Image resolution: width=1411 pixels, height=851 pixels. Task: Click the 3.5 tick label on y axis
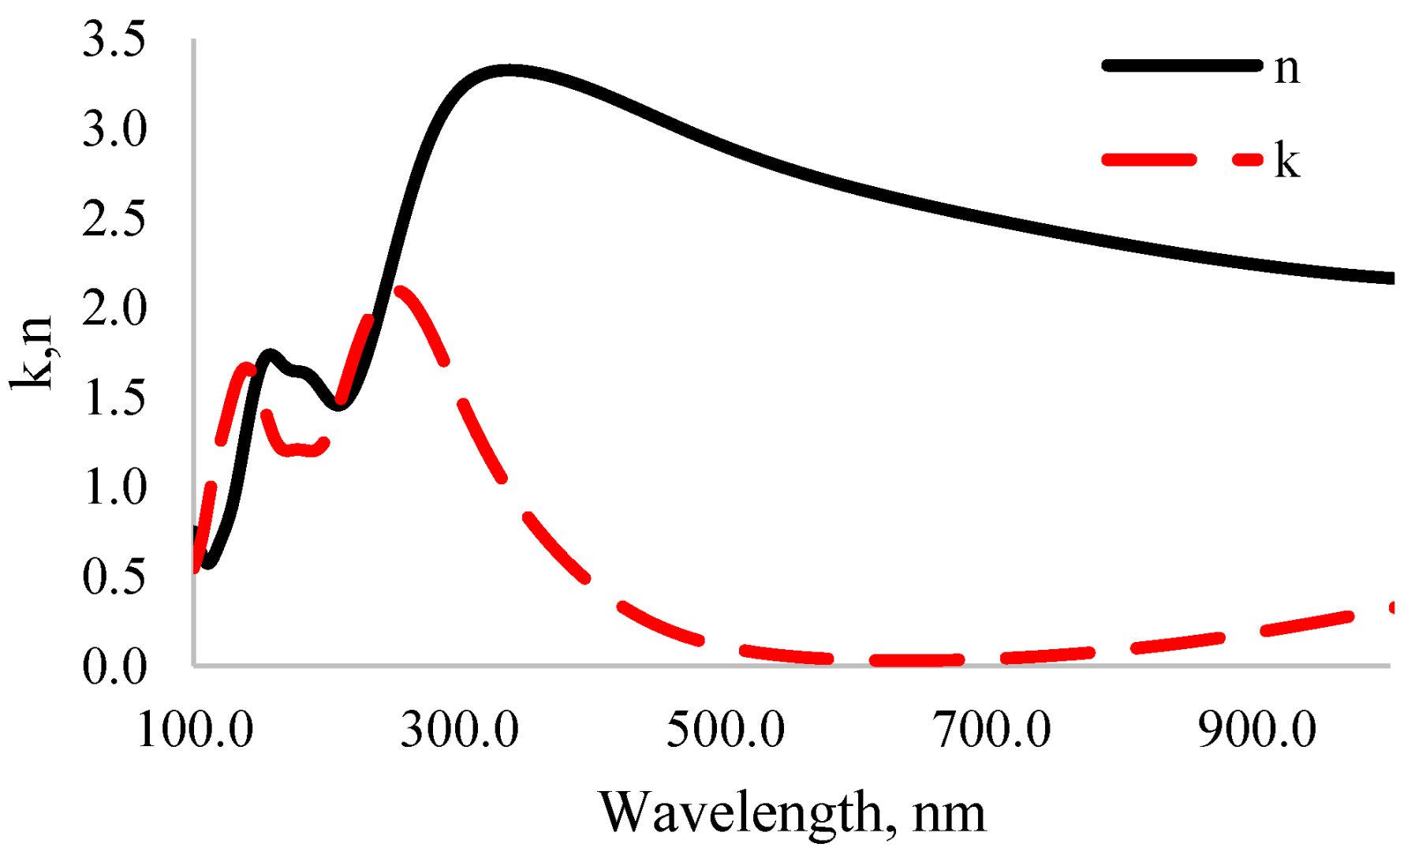(114, 39)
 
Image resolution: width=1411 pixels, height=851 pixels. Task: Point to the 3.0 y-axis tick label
(114, 129)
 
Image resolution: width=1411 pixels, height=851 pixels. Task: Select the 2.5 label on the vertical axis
(114, 218)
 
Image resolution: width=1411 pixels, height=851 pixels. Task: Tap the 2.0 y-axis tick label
(114, 308)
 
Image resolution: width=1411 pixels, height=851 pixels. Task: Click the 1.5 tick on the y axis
(114, 398)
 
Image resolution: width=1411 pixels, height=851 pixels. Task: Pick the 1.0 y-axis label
(114, 487)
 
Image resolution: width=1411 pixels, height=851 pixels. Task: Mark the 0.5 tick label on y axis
(114, 577)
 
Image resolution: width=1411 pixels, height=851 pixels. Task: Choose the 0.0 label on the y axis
(114, 666)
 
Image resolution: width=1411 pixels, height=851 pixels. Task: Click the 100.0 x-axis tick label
(195, 729)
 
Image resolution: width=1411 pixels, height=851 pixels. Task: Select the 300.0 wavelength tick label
(460, 729)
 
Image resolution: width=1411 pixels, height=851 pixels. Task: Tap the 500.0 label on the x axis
(726, 729)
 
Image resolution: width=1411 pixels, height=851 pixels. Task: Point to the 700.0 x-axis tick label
(992, 729)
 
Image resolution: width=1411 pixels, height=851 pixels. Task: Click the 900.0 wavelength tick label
(1257, 729)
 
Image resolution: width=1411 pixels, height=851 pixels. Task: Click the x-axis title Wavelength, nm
(792, 812)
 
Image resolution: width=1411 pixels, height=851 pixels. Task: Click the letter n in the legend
(1286, 69)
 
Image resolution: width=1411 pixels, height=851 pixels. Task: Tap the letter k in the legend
(1286, 161)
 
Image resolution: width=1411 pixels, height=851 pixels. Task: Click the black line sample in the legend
(1181, 66)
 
